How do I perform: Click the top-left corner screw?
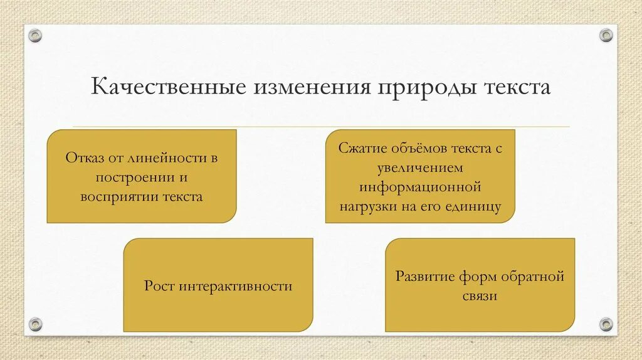[36, 36]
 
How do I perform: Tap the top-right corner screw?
[606, 36]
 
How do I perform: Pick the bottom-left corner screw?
[36, 324]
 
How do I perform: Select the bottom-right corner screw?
[606, 324]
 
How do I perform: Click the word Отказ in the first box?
[83, 157]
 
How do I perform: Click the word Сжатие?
[360, 149]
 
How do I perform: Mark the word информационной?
[420, 187]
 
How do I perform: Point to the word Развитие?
[423, 277]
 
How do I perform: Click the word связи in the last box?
[480, 295]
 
